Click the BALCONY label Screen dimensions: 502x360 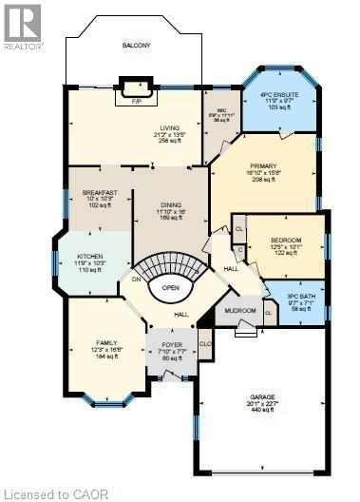coord(136,46)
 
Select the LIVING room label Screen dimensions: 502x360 coord(171,126)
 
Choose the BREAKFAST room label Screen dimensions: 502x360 coord(100,192)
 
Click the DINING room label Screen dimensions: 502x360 coord(172,204)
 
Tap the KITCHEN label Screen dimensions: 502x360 coord(91,257)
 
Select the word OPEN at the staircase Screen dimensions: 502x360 coord(171,287)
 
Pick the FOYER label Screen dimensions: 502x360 coord(171,345)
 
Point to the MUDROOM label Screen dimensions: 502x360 coord(241,310)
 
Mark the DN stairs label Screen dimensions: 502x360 coord(137,279)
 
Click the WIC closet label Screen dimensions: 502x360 coord(222,107)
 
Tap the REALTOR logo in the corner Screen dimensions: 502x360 coord(21,27)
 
